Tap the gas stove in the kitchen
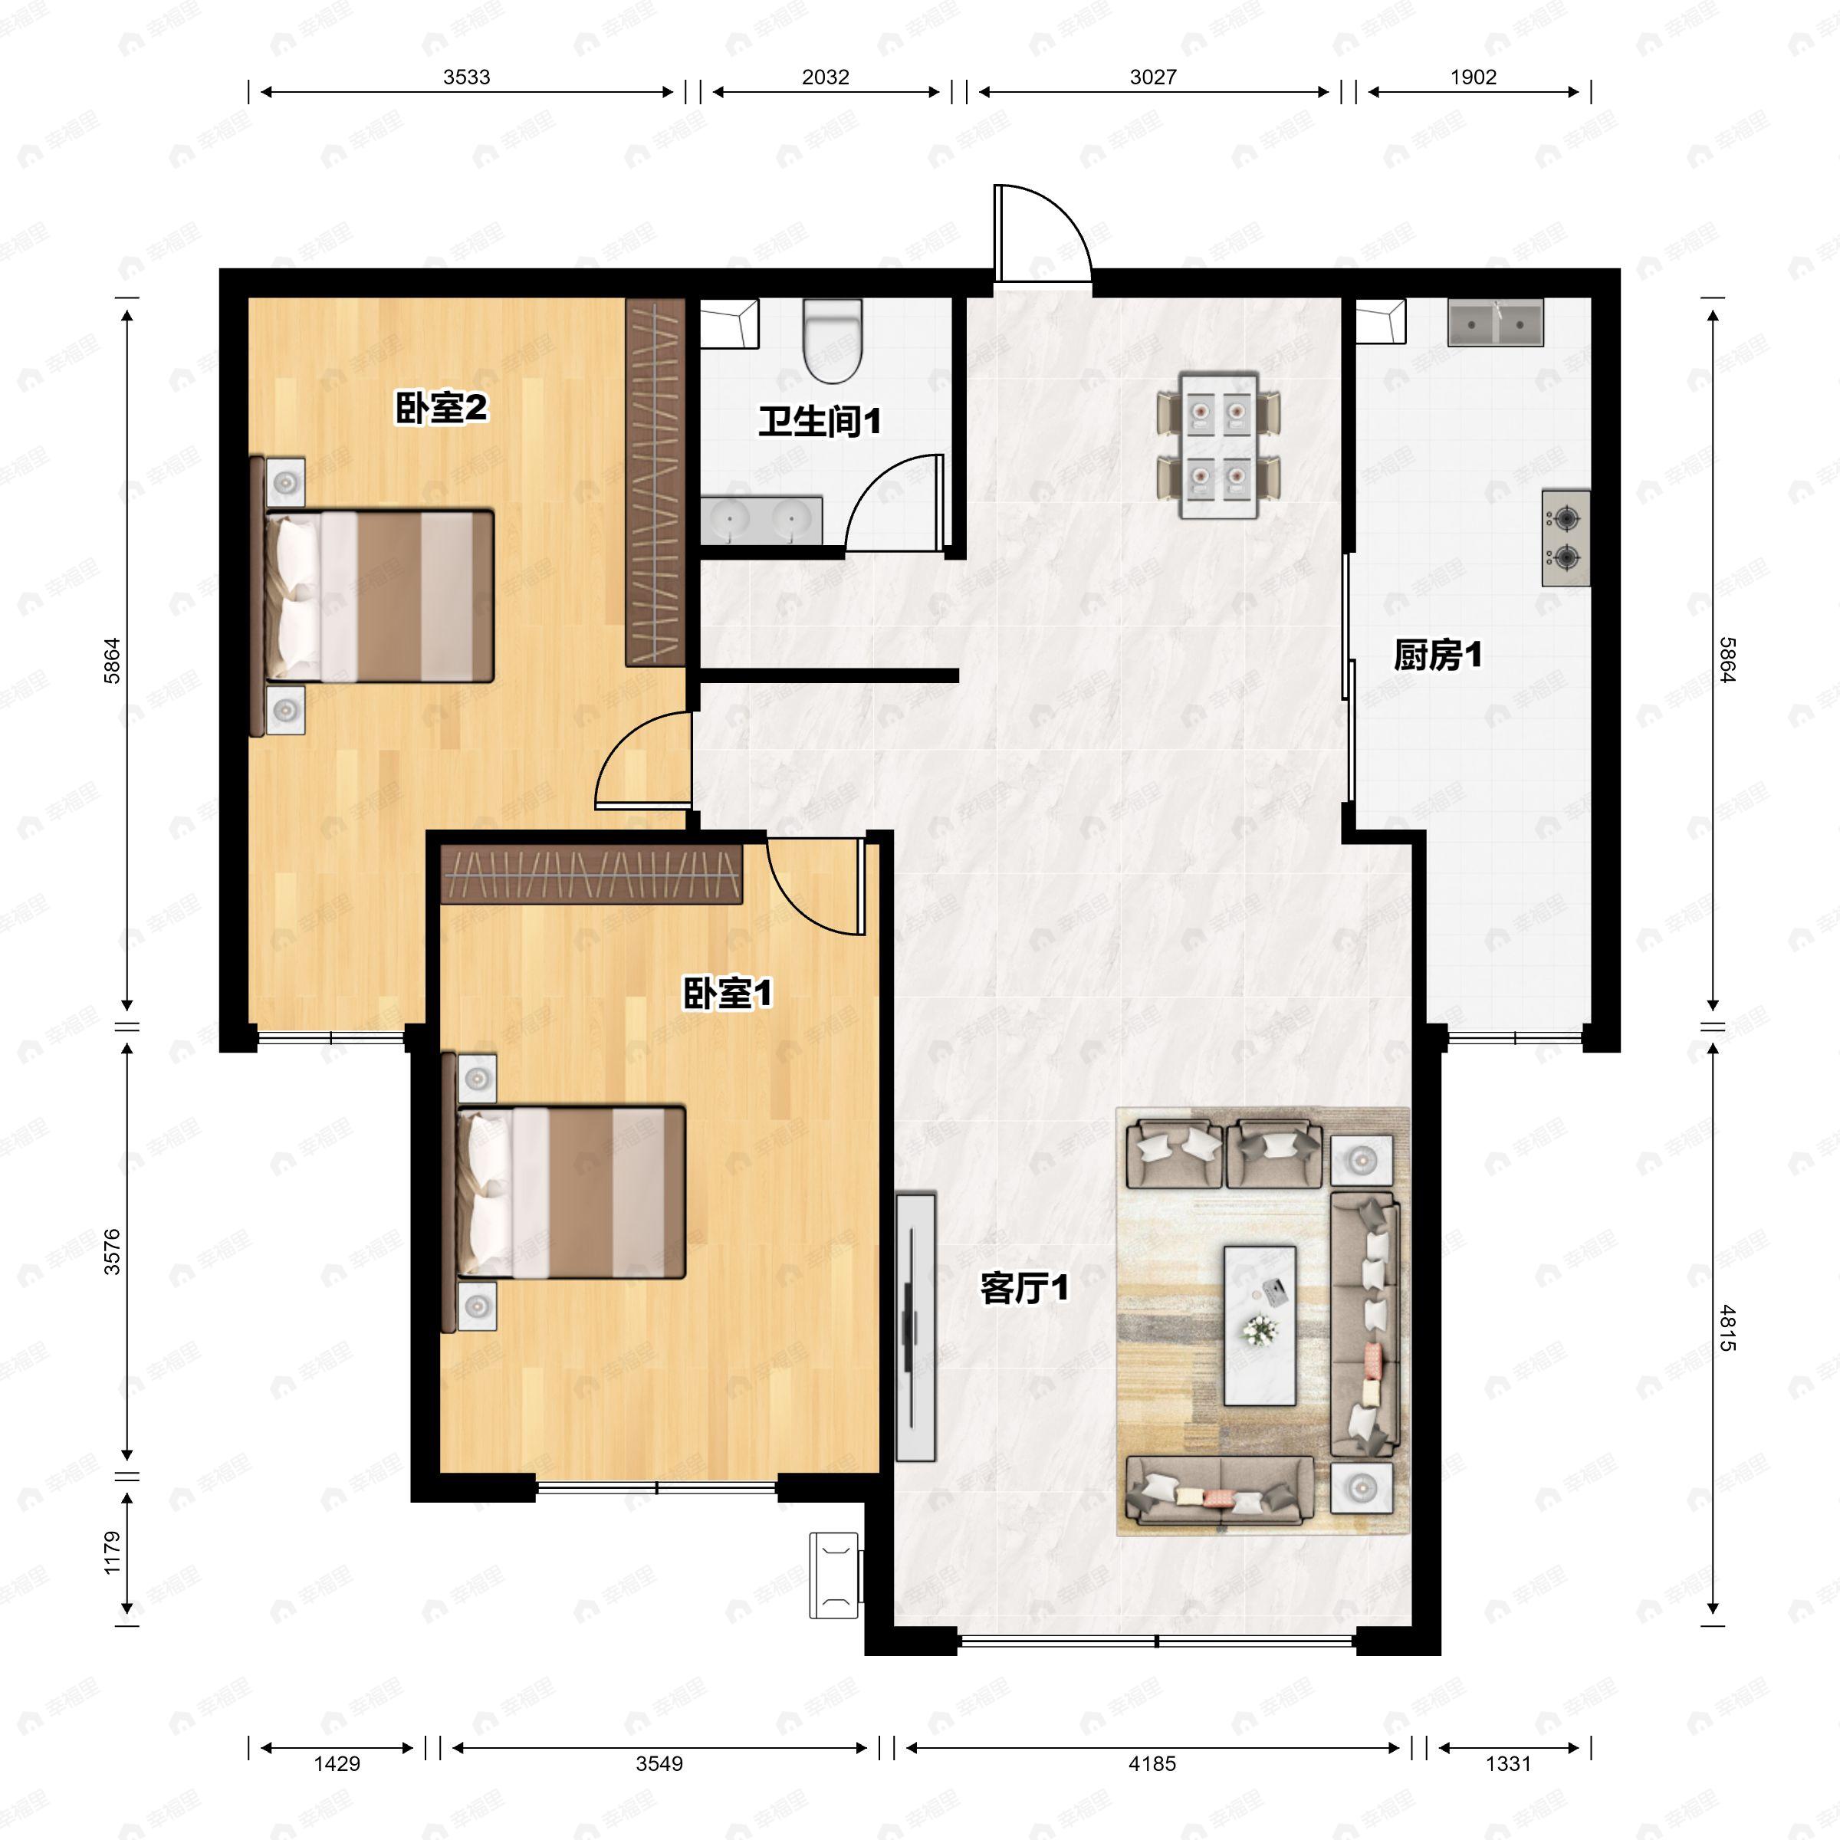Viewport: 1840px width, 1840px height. tap(1566, 538)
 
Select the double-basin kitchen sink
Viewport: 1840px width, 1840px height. tap(1495, 322)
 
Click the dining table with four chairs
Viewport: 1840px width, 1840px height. tap(1219, 445)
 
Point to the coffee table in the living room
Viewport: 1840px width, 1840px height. tap(1259, 1326)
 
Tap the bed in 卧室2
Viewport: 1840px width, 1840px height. tap(373, 597)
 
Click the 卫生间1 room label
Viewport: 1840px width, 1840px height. tap(819, 421)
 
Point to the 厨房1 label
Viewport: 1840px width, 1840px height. tap(1437, 655)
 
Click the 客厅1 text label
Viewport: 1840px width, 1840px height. tap(1024, 1289)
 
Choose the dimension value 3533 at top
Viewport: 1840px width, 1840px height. tap(467, 77)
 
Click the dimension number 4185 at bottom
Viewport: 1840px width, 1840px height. tap(1152, 1764)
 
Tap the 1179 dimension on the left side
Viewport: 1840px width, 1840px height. tap(113, 1552)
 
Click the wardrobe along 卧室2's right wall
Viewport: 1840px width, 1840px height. tap(655, 482)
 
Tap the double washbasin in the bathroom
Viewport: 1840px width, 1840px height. tap(761, 520)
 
